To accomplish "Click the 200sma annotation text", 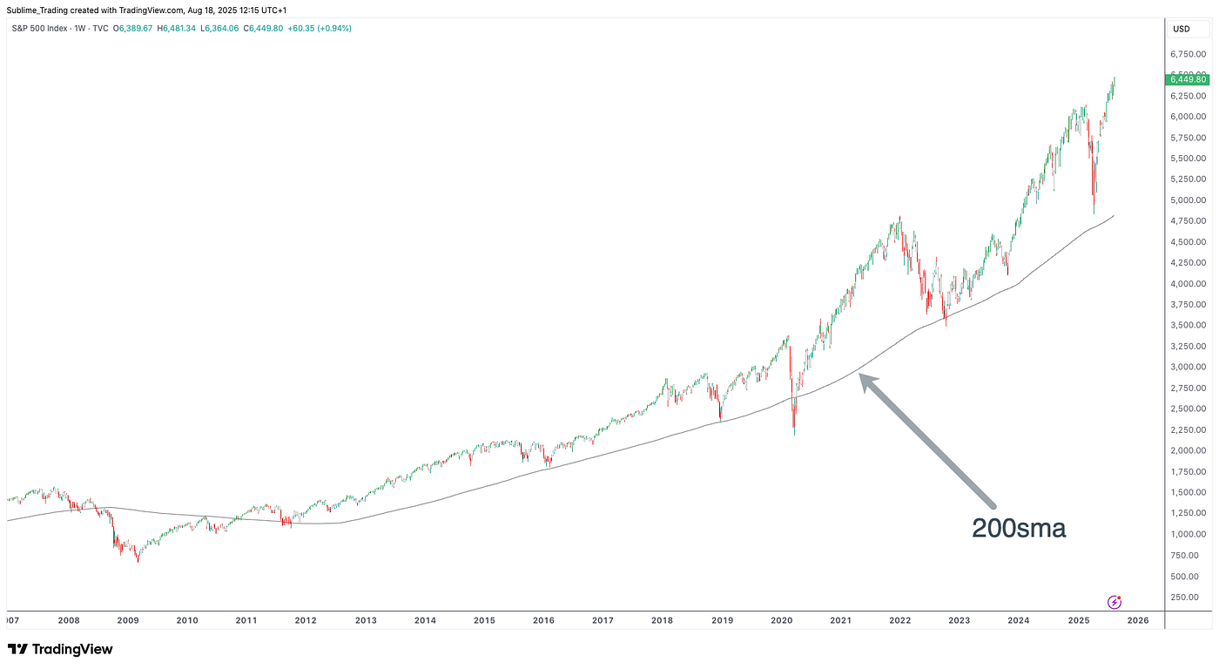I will [1019, 527].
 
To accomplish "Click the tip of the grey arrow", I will [860, 375].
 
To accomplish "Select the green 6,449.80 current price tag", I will [1187, 79].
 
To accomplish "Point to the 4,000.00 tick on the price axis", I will [1187, 283].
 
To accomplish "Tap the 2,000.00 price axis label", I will [1187, 450].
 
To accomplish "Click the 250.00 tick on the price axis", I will [1187, 597].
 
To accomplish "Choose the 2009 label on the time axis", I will [128, 620].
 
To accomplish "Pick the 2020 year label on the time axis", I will [781, 620].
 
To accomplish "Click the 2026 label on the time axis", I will [1138, 620].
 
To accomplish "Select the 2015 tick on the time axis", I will [484, 620].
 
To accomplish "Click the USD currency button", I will [1182, 29].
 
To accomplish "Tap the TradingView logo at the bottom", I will [60, 649].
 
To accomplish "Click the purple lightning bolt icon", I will [1114, 602].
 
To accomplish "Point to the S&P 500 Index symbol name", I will [40, 29].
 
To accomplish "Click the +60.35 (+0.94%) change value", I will [326, 29].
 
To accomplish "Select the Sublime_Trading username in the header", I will [41, 9].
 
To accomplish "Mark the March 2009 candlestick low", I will [138, 562].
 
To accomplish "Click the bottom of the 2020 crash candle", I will [794, 435].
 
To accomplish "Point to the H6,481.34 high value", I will [186, 29].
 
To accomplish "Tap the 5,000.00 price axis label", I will [1187, 199].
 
